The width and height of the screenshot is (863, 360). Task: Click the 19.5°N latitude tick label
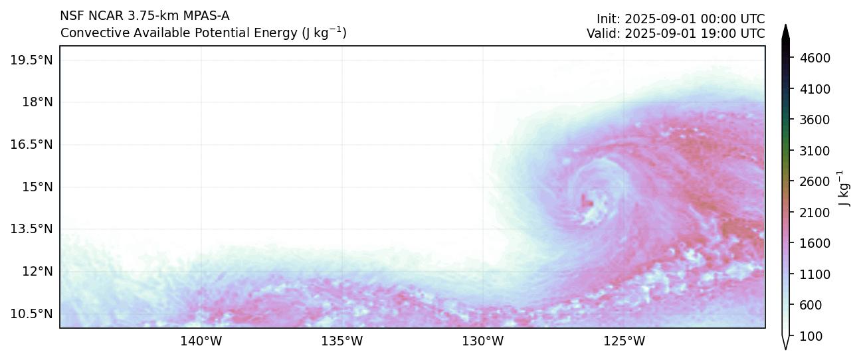point(31,60)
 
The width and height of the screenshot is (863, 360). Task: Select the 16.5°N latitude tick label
point(31,144)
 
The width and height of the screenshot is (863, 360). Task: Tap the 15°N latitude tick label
point(37,187)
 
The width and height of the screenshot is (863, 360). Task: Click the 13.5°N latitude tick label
point(31,229)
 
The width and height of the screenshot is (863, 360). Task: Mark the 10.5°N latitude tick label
point(31,314)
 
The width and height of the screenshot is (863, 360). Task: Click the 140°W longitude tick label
point(201,342)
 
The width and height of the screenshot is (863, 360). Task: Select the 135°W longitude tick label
point(341,342)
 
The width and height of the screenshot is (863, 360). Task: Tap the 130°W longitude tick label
point(483,342)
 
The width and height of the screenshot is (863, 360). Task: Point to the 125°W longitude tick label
point(624,342)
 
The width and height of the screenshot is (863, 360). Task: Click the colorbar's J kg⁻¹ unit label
point(844,188)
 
